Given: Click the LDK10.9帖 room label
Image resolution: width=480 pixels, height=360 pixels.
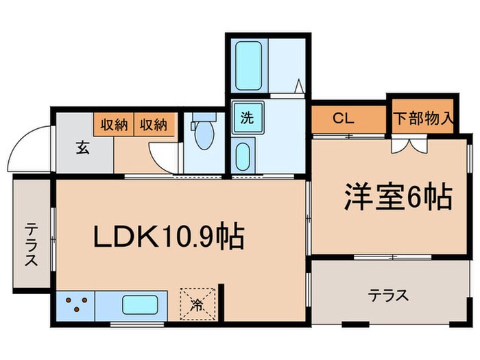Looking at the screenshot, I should click(x=169, y=238).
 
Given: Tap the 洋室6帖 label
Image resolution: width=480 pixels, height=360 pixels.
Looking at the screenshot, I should click(x=397, y=197).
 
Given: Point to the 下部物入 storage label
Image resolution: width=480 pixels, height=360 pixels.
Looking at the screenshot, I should click(x=423, y=117).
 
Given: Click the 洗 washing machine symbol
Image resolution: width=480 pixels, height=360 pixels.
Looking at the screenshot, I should click(x=245, y=117).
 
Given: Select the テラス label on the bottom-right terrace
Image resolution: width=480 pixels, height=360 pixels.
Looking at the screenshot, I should click(x=389, y=296).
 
